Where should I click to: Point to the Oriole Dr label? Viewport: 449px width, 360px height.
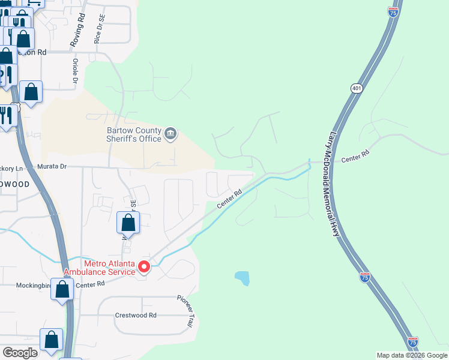click(x=76, y=71)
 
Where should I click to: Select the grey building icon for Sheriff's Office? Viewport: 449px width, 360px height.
click(x=170, y=133)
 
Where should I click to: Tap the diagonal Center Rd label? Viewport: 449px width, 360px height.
click(x=229, y=199)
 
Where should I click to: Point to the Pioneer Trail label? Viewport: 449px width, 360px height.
click(x=185, y=311)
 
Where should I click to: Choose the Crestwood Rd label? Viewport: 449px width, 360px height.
click(x=136, y=315)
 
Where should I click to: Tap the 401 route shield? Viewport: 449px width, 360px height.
click(x=357, y=88)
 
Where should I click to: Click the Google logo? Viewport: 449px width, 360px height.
click(x=20, y=352)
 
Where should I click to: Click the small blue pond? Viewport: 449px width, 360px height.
click(x=242, y=278)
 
